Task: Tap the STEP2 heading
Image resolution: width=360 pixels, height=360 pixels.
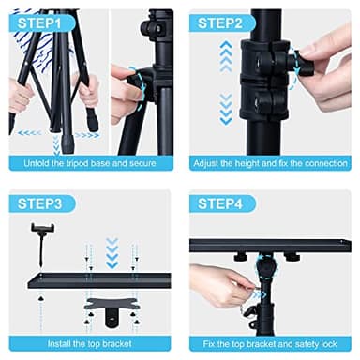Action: [x=221, y=22]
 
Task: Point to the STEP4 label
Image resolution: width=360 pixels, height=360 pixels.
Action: [x=221, y=203]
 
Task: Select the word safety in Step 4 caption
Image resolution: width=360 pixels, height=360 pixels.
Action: [x=303, y=343]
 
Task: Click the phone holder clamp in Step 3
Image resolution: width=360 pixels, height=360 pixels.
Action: [x=42, y=233]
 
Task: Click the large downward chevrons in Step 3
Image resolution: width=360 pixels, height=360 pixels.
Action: [x=112, y=250]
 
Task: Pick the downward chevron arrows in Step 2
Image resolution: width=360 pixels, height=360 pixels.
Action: [x=224, y=108]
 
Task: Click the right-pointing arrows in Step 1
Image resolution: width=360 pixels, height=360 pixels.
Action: [x=86, y=134]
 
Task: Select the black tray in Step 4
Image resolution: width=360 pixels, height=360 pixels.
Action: [x=272, y=246]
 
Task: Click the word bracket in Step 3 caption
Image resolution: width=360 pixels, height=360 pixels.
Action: [x=130, y=343]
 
